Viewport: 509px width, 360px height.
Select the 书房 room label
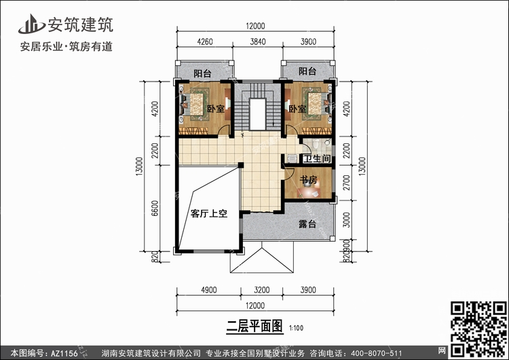[308, 181]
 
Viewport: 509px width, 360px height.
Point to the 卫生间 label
[317, 160]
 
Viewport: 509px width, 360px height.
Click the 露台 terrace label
[307, 224]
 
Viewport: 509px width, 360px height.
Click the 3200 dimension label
[257, 290]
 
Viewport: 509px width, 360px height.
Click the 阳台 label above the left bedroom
[202, 73]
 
